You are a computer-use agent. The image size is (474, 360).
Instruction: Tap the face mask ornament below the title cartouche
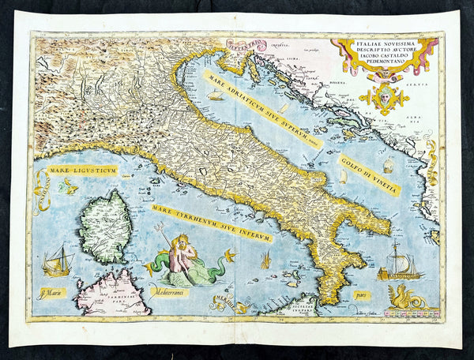384,98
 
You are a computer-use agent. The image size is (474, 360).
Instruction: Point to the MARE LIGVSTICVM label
81,170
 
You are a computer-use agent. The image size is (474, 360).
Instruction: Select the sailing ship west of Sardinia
57,261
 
